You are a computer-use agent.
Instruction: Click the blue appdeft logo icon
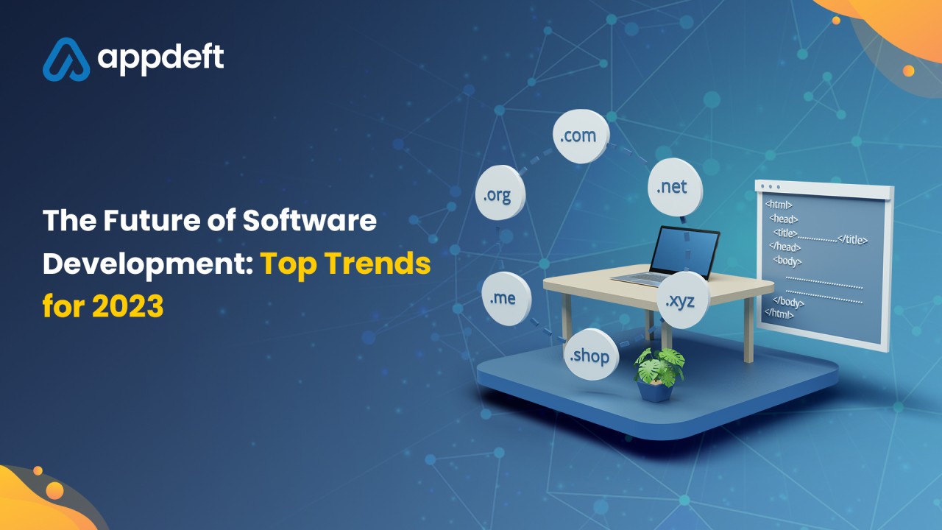click(x=66, y=60)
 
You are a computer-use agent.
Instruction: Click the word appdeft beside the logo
click(x=160, y=60)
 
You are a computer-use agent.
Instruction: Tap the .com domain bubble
click(x=581, y=136)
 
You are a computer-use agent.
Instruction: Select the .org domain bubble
click(x=500, y=193)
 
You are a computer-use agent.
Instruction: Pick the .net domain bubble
click(x=675, y=187)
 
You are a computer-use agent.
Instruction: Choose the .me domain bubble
click(x=506, y=298)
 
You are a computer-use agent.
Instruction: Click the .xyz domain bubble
click(x=683, y=300)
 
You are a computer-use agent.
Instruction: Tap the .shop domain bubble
click(x=591, y=355)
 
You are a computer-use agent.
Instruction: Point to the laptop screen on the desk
click(x=684, y=251)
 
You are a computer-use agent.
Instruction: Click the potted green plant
click(x=658, y=375)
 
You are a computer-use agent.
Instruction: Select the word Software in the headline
click(x=310, y=220)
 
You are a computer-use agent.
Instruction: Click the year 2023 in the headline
click(x=128, y=305)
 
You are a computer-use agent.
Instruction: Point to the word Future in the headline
click(x=152, y=220)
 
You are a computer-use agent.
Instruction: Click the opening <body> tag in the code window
click(x=787, y=261)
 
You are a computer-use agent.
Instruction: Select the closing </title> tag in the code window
click(x=852, y=239)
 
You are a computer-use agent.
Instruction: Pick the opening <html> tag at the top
click(x=779, y=205)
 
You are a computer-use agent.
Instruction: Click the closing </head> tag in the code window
click(x=785, y=246)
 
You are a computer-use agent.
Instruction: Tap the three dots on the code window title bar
click(x=771, y=186)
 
